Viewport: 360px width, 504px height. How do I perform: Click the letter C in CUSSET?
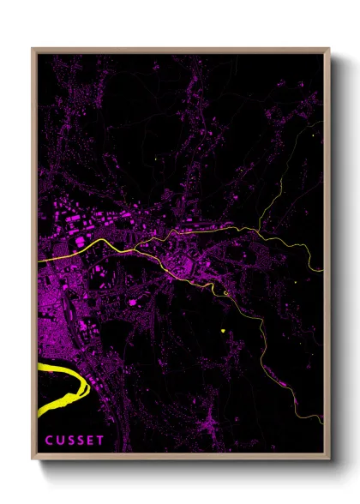pyautogui.click(x=49, y=441)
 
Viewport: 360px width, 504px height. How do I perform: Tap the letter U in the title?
pyautogui.click(x=60, y=441)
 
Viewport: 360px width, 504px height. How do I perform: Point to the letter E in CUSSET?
pyautogui.click(x=92, y=441)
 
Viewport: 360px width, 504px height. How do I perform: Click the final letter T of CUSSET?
pyautogui.click(x=102, y=441)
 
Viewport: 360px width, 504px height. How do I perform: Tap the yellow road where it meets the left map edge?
pyautogui.click(x=39, y=259)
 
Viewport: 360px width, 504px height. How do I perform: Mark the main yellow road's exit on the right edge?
pyautogui.click(x=321, y=268)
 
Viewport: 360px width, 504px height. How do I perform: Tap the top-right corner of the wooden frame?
pyautogui.click(x=329, y=48)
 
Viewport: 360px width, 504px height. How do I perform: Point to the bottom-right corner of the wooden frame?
pyautogui.click(x=329, y=461)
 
